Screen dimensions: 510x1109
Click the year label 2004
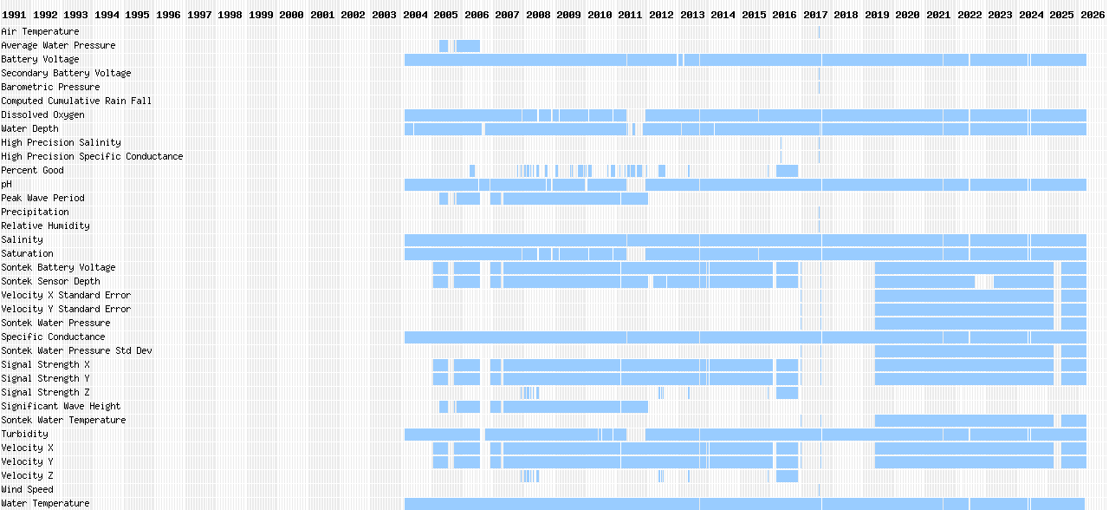[x=415, y=15]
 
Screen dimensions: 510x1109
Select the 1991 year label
[x=15, y=15]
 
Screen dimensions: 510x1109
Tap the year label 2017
[x=815, y=15]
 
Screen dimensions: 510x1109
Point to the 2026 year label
[x=1092, y=15]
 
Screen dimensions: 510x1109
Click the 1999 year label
[x=261, y=15]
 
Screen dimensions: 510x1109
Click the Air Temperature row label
[x=40, y=32]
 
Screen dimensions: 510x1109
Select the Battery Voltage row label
[x=40, y=60]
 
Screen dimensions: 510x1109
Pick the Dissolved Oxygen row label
[x=42, y=115]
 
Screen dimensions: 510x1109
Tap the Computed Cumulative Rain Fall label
[x=76, y=101]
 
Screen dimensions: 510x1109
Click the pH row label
[x=7, y=185]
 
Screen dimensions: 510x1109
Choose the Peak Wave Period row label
[x=42, y=199]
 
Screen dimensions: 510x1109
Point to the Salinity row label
[x=22, y=240]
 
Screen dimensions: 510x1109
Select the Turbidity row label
[x=24, y=435]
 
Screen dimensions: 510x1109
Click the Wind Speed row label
[x=27, y=490]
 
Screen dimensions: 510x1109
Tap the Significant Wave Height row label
[x=61, y=407]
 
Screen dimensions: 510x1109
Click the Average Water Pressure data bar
[x=468, y=46]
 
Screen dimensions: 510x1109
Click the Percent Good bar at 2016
[x=787, y=171]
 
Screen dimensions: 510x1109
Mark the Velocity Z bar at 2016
[x=787, y=476]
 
